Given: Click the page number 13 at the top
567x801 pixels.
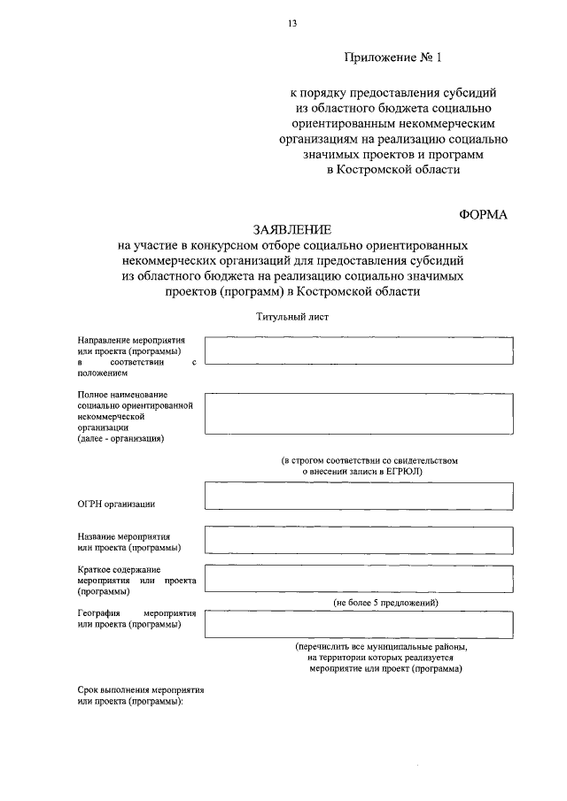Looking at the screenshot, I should click(291, 24).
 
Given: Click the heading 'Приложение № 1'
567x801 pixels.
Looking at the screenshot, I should click(392, 58).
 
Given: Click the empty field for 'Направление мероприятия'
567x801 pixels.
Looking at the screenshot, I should click(358, 350).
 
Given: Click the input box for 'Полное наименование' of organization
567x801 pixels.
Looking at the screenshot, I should click(358, 413).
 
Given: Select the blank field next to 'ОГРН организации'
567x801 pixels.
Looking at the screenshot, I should click(358, 495).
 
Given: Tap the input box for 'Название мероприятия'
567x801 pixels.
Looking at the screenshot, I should click(358, 539).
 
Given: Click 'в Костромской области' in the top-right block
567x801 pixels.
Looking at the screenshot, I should click(393, 169).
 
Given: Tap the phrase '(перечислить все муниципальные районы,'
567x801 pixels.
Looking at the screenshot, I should click(382, 647).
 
